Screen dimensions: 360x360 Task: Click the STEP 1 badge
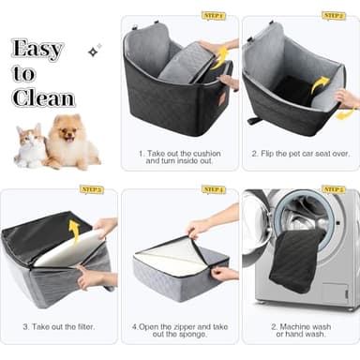click(213, 16)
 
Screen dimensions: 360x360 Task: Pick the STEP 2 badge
click(334, 16)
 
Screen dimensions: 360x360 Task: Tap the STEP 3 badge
click(92, 189)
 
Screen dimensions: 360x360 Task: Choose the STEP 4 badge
click(213, 189)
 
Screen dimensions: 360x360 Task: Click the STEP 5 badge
click(334, 189)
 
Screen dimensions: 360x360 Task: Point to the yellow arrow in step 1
click(221, 58)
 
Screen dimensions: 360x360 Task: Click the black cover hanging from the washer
click(296, 260)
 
